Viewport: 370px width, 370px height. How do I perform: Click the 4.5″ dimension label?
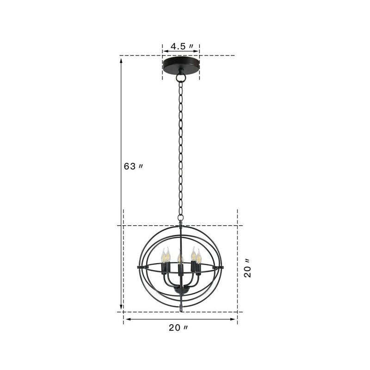click(x=180, y=46)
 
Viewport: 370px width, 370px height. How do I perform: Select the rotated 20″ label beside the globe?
click(x=248, y=268)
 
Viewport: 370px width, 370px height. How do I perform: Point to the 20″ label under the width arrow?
click(x=178, y=328)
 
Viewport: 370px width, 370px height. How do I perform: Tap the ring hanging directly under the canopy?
click(x=180, y=77)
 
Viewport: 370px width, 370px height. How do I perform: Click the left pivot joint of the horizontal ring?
click(x=140, y=267)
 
